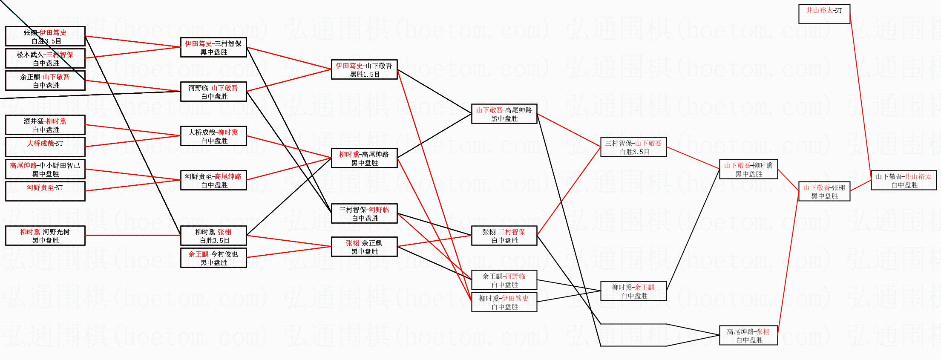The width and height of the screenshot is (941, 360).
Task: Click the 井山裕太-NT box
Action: pyautogui.click(x=824, y=14)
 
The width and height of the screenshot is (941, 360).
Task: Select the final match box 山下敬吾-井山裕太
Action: pyautogui.click(x=904, y=180)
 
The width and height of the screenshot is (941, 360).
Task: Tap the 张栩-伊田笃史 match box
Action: pyautogui.click(x=45, y=36)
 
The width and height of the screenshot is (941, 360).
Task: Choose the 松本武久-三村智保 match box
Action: pyautogui.click(x=45, y=58)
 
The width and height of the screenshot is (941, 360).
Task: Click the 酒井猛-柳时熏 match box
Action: pyautogui.click(x=45, y=125)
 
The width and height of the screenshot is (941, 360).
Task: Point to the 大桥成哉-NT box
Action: pyautogui.click(x=45, y=147)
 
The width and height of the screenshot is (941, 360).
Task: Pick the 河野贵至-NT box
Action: pyautogui.click(x=45, y=191)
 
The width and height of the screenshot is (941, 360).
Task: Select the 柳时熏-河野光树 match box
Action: pyautogui.click(x=45, y=236)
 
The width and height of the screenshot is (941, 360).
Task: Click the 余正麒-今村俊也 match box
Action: pyautogui.click(x=213, y=258)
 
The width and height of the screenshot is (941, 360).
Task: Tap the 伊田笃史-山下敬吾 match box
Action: pyautogui.click(x=364, y=69)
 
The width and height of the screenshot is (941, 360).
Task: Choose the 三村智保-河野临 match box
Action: pyautogui.click(x=364, y=213)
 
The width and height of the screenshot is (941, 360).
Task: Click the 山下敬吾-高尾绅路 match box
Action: pyautogui.click(x=504, y=114)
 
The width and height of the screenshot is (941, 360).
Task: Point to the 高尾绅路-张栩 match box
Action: pyautogui.click(x=748, y=335)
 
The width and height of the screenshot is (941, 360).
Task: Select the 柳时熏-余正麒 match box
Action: pyautogui.click(x=633, y=291)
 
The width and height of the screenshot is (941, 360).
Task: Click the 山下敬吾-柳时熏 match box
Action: pyautogui.click(x=748, y=169)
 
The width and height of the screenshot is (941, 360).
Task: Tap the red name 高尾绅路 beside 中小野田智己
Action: pyautogui.click(x=23, y=165)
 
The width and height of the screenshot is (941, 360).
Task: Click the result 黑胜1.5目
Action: pyautogui.click(x=365, y=74)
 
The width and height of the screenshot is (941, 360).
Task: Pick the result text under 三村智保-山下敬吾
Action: pyautogui.click(x=634, y=152)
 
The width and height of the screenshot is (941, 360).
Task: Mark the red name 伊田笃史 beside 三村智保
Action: pyautogui.click(x=199, y=43)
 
